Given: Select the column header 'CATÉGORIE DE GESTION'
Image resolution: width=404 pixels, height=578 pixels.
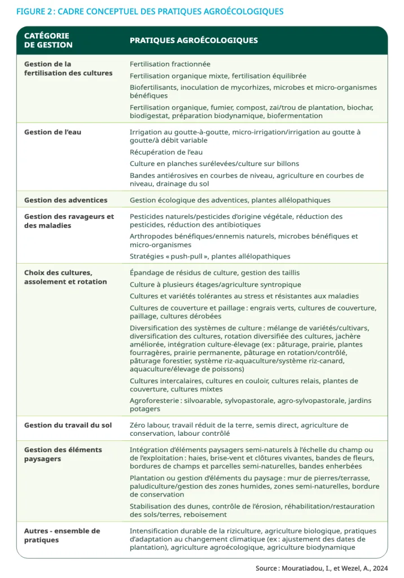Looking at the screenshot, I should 48,40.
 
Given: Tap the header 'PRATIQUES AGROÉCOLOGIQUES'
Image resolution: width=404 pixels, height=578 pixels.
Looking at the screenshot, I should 194,41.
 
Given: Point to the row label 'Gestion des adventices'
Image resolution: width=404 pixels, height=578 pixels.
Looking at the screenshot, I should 65,200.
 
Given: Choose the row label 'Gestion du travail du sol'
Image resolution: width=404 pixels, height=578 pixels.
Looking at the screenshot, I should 68,425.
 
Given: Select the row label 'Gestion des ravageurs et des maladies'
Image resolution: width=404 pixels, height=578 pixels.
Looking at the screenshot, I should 69,221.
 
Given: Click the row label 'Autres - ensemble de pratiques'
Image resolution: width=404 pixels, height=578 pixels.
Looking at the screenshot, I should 62,535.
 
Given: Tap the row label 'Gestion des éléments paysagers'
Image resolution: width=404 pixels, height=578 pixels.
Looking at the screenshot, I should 63,454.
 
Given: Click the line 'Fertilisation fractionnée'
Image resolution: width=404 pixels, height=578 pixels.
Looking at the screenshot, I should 170,64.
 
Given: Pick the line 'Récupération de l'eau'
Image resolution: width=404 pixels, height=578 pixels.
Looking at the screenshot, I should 166,152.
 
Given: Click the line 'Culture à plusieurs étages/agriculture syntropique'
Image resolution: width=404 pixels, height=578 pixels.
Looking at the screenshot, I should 215,284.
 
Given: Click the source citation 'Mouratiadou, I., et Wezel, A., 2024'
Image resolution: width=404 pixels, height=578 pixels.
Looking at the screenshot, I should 335,568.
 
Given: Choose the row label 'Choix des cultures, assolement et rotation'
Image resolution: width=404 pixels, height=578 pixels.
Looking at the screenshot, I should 65,277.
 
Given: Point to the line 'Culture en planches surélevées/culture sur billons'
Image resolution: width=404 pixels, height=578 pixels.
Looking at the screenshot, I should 214,164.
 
